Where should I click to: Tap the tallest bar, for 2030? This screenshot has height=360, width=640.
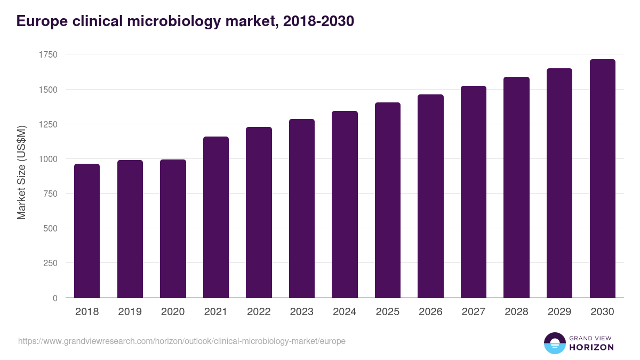(602, 179)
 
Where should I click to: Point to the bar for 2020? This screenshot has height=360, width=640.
(173, 229)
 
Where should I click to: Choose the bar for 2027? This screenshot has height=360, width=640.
(474, 192)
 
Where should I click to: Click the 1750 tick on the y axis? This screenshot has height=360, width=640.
(48, 55)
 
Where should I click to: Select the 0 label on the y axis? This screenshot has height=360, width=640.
(55, 298)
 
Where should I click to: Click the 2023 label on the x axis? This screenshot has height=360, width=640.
(302, 312)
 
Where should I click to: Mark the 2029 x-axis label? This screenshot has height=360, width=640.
(559, 312)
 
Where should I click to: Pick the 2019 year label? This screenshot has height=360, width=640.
(130, 312)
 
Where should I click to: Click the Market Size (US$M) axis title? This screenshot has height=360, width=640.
(21, 173)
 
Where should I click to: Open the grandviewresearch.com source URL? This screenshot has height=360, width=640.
(182, 341)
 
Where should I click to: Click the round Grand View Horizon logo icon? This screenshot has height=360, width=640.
(555, 343)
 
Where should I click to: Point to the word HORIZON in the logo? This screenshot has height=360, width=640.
(591, 347)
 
